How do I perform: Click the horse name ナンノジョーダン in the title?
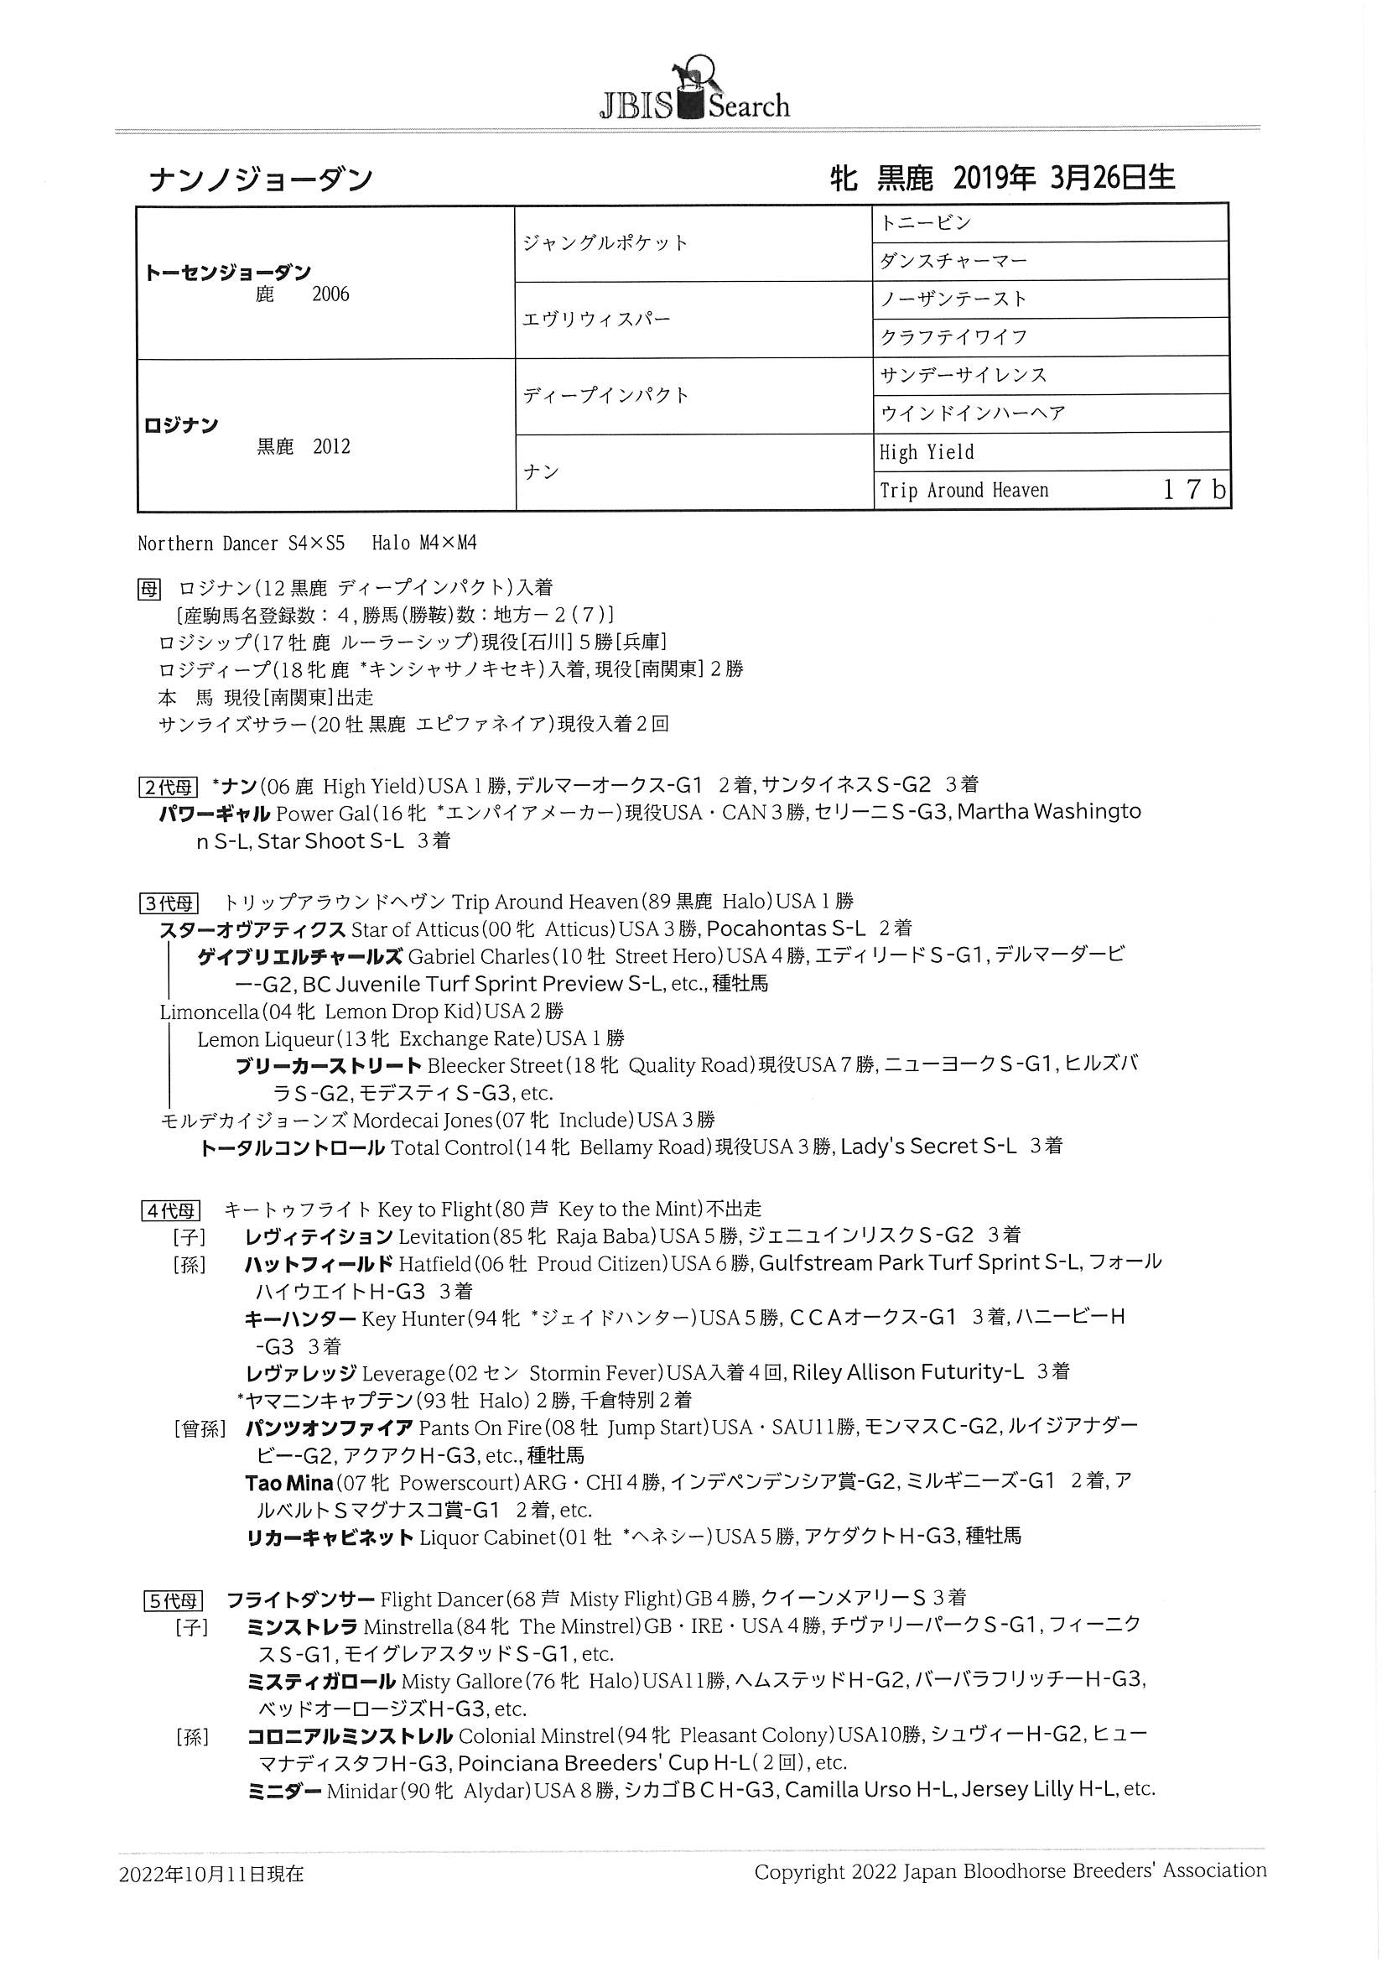point(261,181)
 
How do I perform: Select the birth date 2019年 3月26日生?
point(1063,178)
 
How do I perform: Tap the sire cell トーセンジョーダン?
point(228,273)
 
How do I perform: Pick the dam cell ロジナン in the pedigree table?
point(182,425)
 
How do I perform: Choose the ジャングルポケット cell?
point(605,243)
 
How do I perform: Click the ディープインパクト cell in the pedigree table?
point(605,395)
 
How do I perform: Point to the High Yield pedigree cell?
point(927,452)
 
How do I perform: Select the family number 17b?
point(1194,489)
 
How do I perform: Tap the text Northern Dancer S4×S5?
point(241,544)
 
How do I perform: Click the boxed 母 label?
point(148,589)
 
